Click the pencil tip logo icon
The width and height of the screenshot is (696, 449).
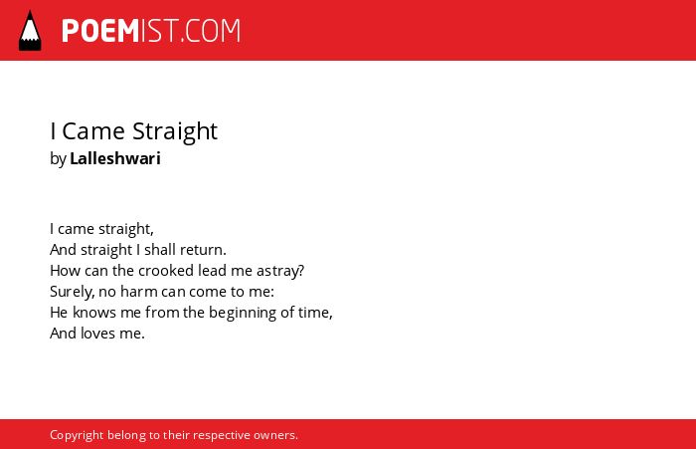coord(30,30)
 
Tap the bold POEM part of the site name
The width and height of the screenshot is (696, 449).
coord(100,31)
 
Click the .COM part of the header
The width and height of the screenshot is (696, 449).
coord(211,31)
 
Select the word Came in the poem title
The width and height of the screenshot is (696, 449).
coord(93,131)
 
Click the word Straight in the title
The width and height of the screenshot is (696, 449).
coord(175,132)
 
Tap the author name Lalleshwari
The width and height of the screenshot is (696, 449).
coord(115,158)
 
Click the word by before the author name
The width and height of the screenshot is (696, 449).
coord(58,159)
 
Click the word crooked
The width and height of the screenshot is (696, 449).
coord(166,270)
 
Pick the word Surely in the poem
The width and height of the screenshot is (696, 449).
coord(72,292)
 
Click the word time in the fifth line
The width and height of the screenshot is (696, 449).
coord(315,313)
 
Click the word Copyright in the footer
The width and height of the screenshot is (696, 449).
coord(77,435)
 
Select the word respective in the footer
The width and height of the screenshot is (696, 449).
coord(221,436)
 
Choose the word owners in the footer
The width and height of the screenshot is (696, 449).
coord(275,435)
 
